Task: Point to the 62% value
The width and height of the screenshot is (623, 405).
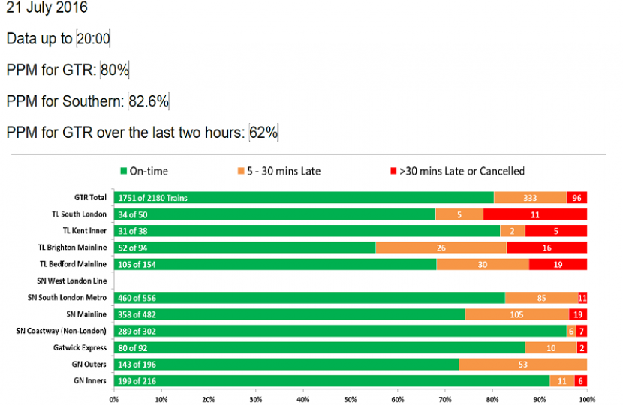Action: (264, 133)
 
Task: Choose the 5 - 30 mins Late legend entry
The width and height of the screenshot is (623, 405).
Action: (279, 171)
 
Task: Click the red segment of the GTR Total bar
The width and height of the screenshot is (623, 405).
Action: (576, 197)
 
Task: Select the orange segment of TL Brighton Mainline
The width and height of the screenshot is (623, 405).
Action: (441, 247)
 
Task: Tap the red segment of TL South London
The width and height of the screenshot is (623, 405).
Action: (535, 214)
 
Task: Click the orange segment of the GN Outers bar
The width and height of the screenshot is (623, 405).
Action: (522, 364)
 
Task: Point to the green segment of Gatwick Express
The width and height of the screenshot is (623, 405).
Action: (319, 348)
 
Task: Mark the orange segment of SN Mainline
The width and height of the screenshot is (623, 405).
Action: (516, 314)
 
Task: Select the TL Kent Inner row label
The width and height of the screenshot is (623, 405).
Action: (85, 230)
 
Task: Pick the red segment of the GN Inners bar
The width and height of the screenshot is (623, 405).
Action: (581, 381)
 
